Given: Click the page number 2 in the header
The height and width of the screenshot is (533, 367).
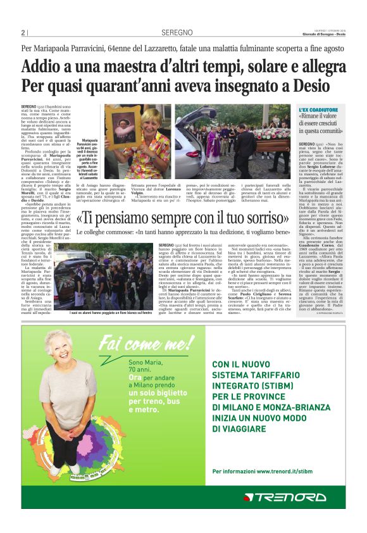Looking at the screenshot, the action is pos(23,33).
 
